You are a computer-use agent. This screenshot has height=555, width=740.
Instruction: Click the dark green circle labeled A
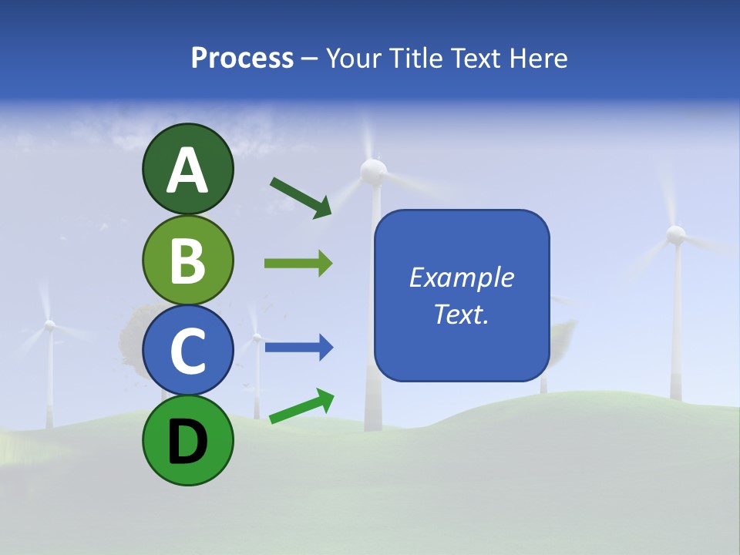coord(187,169)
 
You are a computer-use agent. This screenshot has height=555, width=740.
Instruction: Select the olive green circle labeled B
coord(187,260)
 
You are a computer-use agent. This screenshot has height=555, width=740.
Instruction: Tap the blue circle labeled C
coord(187,350)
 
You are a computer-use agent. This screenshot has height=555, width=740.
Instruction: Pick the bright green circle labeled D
coord(187,440)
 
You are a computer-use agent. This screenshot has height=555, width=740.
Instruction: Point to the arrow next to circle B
coord(298,264)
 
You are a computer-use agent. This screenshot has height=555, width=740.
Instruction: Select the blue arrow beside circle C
coord(298,348)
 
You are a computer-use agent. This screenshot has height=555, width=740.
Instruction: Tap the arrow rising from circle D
coord(301,406)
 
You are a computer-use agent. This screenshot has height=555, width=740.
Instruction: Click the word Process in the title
coord(242,59)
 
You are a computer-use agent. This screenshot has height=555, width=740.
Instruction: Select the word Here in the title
coord(540,59)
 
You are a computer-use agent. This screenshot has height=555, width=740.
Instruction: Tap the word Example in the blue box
coord(461,277)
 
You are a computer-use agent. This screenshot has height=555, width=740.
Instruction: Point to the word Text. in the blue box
coord(461,314)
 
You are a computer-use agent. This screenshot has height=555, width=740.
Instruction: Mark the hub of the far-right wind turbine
coord(675,234)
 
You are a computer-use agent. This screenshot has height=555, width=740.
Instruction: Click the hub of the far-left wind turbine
coord(49,326)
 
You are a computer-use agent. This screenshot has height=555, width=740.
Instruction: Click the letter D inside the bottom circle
coord(187,441)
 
